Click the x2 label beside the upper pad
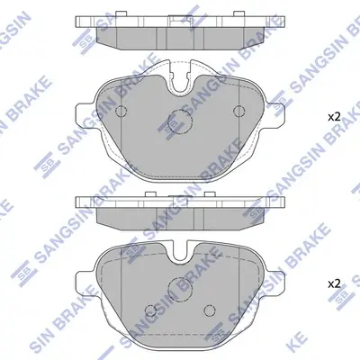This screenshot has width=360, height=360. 334,117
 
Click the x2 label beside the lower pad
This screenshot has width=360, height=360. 334,283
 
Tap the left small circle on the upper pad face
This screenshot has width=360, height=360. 121,112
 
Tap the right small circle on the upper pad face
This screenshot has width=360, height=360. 239,112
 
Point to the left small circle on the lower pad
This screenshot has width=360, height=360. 150,310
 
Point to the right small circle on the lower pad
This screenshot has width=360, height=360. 209,310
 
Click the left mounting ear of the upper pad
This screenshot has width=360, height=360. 85,115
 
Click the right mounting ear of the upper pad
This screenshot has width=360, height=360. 274,115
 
